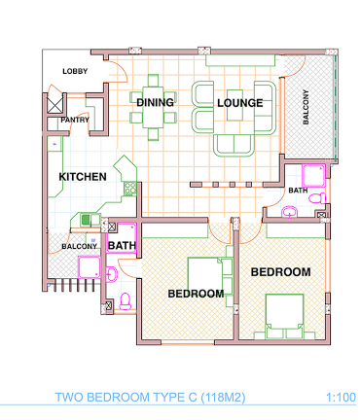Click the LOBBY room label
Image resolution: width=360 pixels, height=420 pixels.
[x=75, y=71]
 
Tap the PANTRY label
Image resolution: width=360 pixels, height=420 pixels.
[x=75, y=120]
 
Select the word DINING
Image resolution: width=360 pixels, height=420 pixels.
[x=155, y=102]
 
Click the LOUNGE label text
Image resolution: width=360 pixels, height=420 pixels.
[x=240, y=103]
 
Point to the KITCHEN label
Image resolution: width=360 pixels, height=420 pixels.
[x=83, y=177]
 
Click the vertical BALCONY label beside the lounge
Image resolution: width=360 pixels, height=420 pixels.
[x=306, y=107]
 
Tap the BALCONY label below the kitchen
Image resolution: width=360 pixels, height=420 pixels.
[x=80, y=246]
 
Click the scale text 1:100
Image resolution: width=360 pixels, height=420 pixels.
[x=341, y=398]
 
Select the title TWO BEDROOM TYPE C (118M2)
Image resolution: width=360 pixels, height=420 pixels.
[x=150, y=398]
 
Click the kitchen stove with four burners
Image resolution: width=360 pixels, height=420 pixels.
[x=130, y=189]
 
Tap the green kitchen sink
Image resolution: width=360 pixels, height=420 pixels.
[x=86, y=220]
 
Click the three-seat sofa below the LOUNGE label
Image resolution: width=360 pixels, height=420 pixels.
[x=234, y=145]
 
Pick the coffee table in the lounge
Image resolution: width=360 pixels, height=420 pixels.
[x=234, y=105]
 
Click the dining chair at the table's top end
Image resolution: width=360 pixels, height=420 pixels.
[x=153, y=80]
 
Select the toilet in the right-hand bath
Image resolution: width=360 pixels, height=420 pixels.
[x=317, y=197]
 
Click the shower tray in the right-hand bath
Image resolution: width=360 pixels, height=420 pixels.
[x=313, y=176]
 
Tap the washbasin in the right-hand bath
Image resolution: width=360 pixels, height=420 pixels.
[x=290, y=212]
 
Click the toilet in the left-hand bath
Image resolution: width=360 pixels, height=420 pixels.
[x=125, y=301]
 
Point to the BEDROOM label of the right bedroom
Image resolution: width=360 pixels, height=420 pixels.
[x=281, y=272]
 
